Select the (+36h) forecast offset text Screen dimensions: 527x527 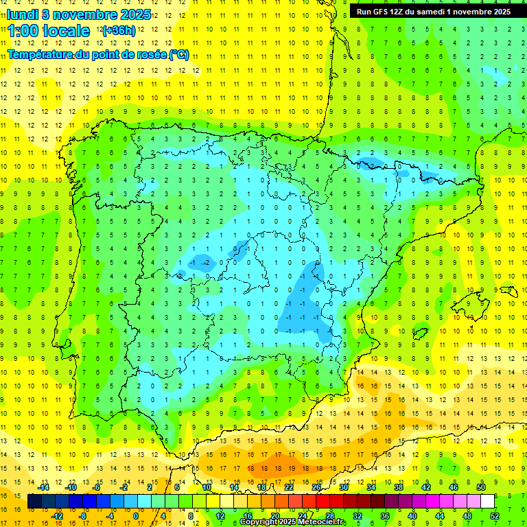click(x=119, y=31)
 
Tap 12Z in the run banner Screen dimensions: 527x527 click(x=403, y=11)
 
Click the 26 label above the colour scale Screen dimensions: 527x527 click(x=316, y=487)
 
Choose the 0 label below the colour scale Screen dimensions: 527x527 click(x=135, y=516)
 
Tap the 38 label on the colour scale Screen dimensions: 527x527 click(x=398, y=487)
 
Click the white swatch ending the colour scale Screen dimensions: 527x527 click(x=487, y=502)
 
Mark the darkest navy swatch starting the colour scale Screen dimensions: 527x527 click(x=34, y=502)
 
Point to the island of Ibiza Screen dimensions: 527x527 click(x=419, y=333)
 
